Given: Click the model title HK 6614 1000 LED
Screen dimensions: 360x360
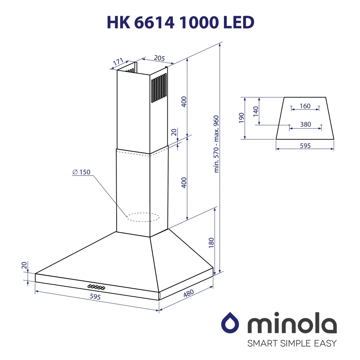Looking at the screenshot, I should tap(180, 22).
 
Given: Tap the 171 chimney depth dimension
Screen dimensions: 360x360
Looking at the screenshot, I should tap(118, 62).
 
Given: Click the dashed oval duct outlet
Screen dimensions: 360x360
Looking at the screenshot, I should tap(143, 217).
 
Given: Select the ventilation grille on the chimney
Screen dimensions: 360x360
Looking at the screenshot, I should tap(159, 87).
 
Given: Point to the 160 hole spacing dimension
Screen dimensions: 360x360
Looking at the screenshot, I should tap(305, 106).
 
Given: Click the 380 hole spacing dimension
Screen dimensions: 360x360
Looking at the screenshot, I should tap(305, 125).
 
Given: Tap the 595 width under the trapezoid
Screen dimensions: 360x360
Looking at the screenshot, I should tap(305, 146).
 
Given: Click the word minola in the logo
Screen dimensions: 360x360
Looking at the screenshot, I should tap(292, 325).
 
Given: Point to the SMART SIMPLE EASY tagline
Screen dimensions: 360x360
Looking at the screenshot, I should tap(292, 343).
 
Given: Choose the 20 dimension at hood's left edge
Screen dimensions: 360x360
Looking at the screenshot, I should tap(24, 266).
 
